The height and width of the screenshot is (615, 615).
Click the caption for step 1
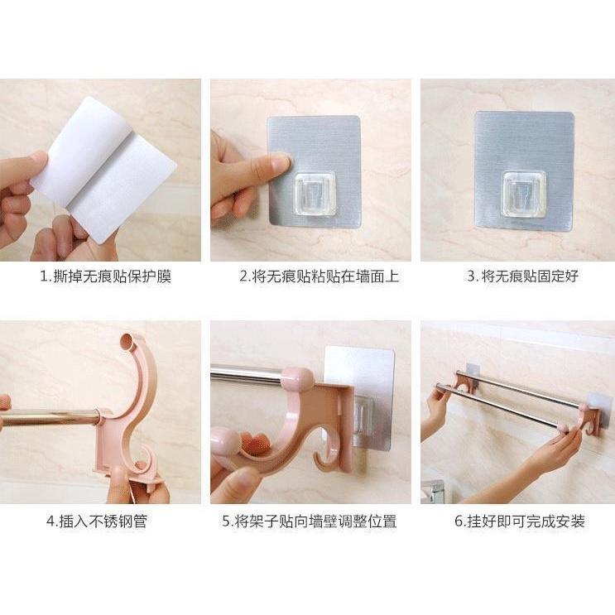point(105,276)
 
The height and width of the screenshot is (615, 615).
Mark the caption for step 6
point(519,521)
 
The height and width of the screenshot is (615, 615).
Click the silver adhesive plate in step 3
point(523,141)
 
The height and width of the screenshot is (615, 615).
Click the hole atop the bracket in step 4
point(127,340)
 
